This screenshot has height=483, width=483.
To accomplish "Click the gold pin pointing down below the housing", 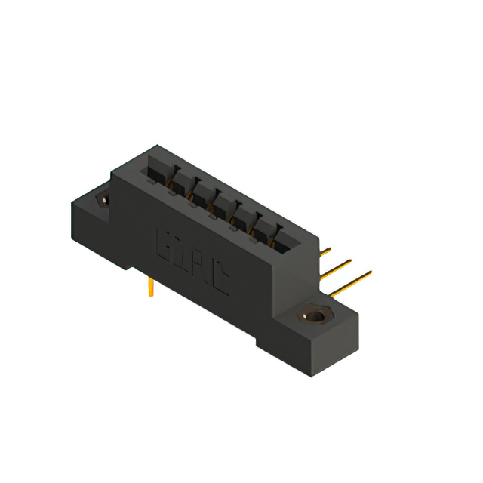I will tap(152, 287).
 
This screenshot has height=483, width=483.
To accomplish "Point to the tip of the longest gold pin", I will tap(370, 272).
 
